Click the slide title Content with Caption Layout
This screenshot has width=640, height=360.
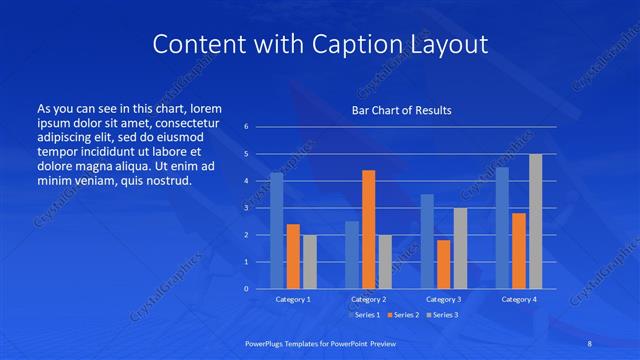tap(319, 44)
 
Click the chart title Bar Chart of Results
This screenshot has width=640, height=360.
tap(401, 110)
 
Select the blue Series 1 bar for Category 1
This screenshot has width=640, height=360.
tap(276, 230)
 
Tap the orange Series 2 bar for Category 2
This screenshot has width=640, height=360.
tap(368, 229)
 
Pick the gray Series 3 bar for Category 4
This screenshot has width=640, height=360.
tap(536, 221)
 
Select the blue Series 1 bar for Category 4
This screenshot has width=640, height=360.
tap(502, 228)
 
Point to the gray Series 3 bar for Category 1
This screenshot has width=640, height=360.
tap(309, 262)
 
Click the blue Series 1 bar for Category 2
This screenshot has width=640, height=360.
tap(351, 255)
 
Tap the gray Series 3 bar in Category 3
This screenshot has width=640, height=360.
tap(460, 248)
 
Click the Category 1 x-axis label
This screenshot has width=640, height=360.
tap(293, 299)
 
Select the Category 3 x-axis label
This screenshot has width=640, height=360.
tap(443, 299)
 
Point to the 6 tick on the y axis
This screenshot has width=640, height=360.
tap(246, 127)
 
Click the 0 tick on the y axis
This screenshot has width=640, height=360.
tap(246, 289)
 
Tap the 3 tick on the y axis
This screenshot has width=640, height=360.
tap(246, 208)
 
